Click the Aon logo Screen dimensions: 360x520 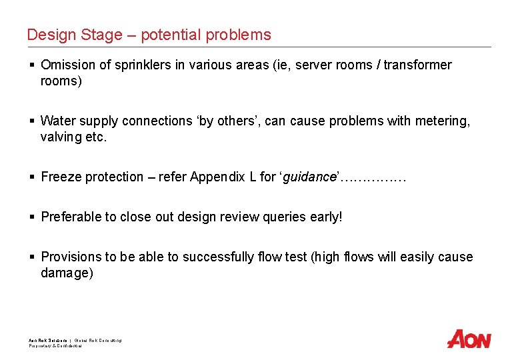(469, 339)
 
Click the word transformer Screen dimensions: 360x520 (415, 65)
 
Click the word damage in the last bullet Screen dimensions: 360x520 (65, 273)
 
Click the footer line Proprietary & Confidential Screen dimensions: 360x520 (55, 346)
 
